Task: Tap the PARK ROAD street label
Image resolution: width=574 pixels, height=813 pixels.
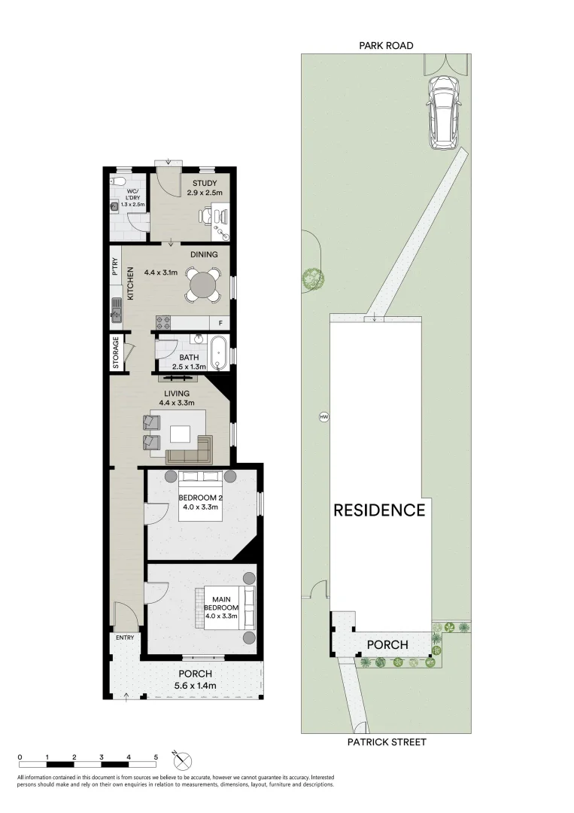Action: coord(385,46)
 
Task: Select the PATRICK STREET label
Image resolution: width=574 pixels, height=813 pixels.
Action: coord(387,742)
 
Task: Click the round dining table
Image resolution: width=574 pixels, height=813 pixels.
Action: coord(203,285)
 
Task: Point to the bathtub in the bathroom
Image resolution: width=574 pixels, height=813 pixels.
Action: coord(220,353)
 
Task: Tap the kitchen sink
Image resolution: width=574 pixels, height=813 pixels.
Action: coord(117,308)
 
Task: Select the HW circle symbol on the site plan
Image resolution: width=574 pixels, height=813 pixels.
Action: coord(324,416)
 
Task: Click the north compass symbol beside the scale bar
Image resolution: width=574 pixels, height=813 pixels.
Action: coord(178,758)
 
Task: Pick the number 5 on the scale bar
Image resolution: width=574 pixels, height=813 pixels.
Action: coord(156,757)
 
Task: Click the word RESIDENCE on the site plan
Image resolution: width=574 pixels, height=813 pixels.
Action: coord(379,510)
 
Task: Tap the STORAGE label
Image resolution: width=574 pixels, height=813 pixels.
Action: coord(117,353)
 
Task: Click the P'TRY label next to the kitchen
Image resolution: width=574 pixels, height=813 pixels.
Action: coord(116,267)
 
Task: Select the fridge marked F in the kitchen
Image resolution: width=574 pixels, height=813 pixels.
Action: coord(220,323)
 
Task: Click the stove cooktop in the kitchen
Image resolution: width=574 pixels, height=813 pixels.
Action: coord(165,323)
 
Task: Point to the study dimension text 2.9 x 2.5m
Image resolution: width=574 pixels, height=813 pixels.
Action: coord(204,193)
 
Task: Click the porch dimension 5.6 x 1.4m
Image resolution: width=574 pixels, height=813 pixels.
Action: coord(195,685)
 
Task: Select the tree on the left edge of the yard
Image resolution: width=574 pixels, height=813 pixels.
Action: coord(312,279)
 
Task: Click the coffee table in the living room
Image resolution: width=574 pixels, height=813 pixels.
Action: coord(180,434)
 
